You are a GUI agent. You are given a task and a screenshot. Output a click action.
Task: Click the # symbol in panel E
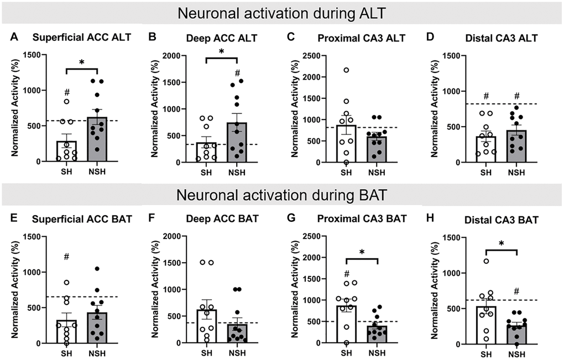[66, 257]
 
